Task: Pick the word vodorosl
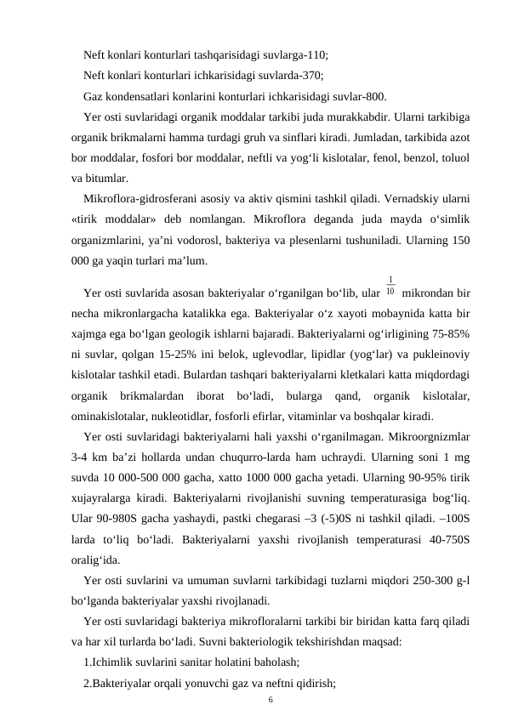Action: click(223, 242)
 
